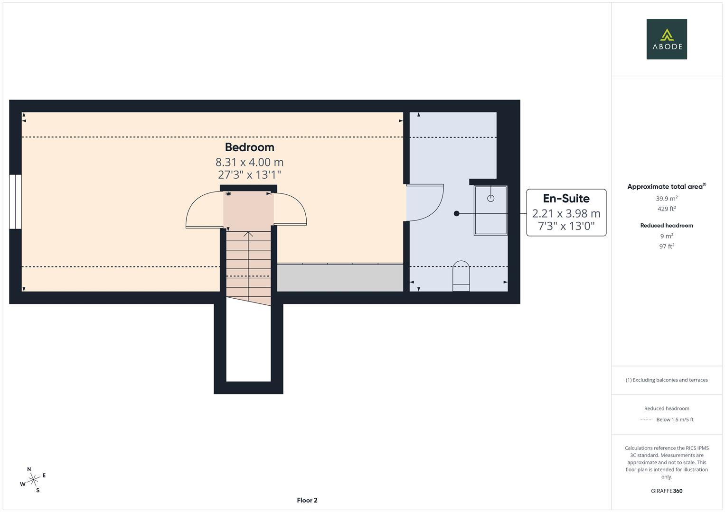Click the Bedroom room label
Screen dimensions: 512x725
[249, 147]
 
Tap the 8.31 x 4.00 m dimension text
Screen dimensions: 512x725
[249, 163]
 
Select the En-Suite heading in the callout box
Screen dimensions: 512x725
[566, 199]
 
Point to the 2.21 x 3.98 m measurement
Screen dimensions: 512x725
[566, 214]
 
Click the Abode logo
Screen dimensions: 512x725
[667, 39]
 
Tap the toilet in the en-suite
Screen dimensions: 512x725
[461, 276]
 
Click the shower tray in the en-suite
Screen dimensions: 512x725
[490, 210]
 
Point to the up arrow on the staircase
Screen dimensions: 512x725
[248, 234]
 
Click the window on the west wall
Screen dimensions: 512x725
[16, 201]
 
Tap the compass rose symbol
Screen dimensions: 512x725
[33, 480]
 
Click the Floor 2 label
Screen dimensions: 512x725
[307, 500]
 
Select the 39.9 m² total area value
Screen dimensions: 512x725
[667, 199]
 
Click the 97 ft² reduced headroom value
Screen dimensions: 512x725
[667, 246]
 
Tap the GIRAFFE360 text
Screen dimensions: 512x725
[667, 491]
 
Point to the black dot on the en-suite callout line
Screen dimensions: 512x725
[457, 213]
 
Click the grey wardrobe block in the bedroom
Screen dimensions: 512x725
[340, 278]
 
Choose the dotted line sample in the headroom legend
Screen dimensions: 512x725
[646, 420]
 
